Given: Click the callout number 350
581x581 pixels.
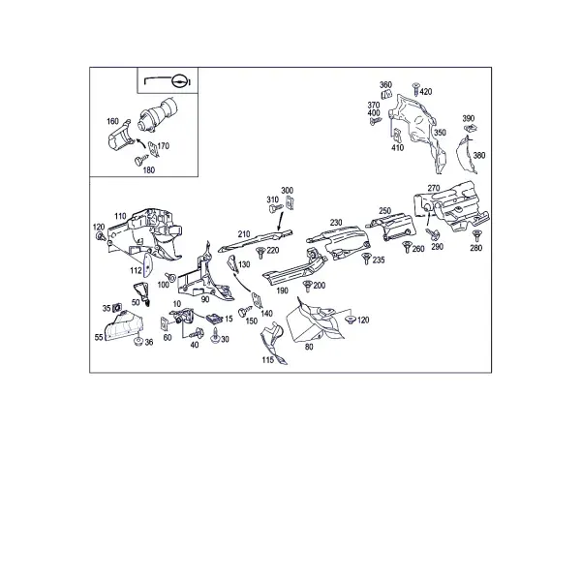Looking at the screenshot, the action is (x=440, y=133).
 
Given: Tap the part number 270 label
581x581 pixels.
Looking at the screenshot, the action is (x=434, y=188).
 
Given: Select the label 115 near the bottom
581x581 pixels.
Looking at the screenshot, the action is (x=268, y=360).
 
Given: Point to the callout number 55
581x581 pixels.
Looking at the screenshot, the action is (x=99, y=337).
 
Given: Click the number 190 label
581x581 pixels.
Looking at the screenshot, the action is (x=282, y=290).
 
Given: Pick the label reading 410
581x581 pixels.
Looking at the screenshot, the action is (x=397, y=147).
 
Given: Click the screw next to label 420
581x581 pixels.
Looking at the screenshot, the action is (x=415, y=89).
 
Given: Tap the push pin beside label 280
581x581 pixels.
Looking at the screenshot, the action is (x=476, y=235).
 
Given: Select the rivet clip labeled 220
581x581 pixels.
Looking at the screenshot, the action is (x=260, y=253).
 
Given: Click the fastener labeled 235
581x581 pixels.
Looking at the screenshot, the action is (x=366, y=259).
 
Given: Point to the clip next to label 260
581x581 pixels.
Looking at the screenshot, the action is (x=407, y=247).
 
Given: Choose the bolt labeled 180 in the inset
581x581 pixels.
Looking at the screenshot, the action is (x=139, y=161).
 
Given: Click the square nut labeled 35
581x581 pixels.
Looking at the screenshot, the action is (x=117, y=308).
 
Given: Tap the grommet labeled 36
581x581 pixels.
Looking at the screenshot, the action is (x=138, y=341).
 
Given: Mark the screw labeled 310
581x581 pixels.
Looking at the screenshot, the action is (x=275, y=208).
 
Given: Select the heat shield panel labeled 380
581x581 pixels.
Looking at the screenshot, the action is (x=466, y=155).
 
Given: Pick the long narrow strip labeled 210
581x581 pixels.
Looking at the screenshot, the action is (x=256, y=240).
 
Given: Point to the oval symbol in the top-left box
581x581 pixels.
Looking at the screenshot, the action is (x=179, y=81).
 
